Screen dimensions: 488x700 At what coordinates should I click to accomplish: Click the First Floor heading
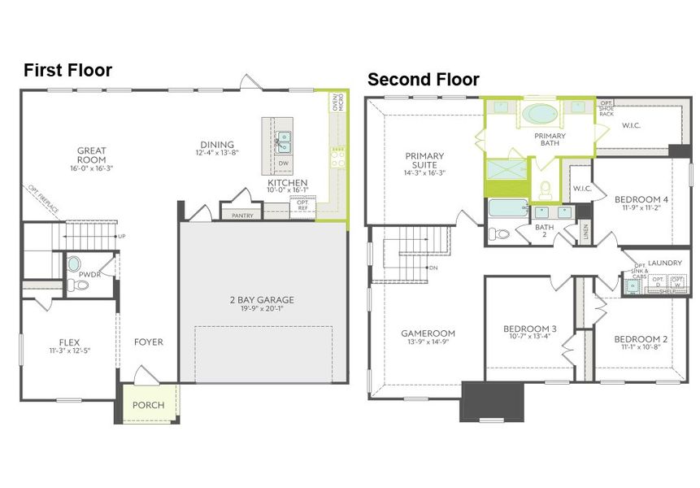click(x=67, y=71)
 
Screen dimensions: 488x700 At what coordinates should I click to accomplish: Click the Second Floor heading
click(x=423, y=80)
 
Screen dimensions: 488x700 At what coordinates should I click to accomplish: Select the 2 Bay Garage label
click(x=262, y=300)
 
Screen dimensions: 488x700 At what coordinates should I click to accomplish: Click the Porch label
click(x=148, y=405)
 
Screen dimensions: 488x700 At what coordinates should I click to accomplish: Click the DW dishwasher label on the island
click(x=284, y=163)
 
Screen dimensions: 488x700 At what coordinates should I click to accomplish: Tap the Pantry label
click(x=242, y=216)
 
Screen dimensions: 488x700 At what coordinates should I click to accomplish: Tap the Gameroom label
click(x=428, y=333)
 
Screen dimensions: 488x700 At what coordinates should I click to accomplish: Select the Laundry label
click(x=665, y=263)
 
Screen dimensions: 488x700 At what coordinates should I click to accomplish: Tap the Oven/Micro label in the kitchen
click(x=339, y=102)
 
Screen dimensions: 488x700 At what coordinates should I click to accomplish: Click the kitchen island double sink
click(x=284, y=142)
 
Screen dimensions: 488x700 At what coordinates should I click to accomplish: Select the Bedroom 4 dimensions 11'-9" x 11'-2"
click(x=641, y=208)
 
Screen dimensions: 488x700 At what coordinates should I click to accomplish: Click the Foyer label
click(x=149, y=342)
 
